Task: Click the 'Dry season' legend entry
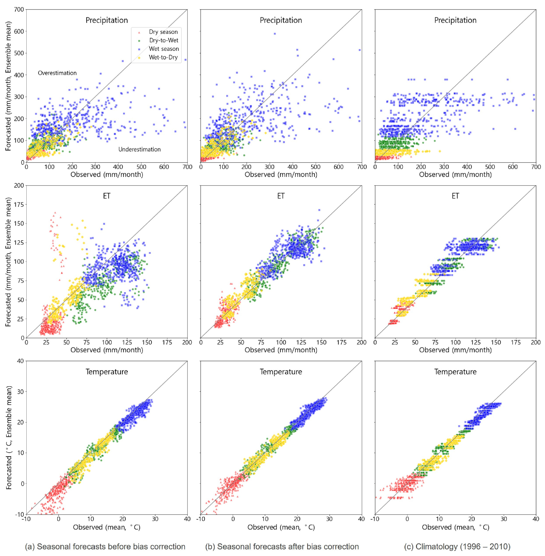pos(163,32)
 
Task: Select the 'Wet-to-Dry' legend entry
pos(163,57)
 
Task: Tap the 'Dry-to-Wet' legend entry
pos(163,40)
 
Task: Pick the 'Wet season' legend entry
pos(164,49)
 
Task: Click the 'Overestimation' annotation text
pos(57,73)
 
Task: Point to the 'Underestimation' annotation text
pos(139,149)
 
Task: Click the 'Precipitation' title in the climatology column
pos(455,20)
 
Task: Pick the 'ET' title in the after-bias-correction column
pos(281,196)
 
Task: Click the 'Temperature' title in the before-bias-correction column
pos(107,372)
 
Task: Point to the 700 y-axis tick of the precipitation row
pos(19,9)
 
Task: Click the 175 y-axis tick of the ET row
pos(19,205)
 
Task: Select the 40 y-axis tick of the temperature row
pos(20,361)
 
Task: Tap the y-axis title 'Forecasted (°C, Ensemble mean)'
pos(9,437)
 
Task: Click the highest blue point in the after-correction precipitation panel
pos(275,34)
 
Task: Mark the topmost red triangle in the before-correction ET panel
pos(55,213)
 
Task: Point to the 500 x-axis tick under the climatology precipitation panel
pos(490,167)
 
